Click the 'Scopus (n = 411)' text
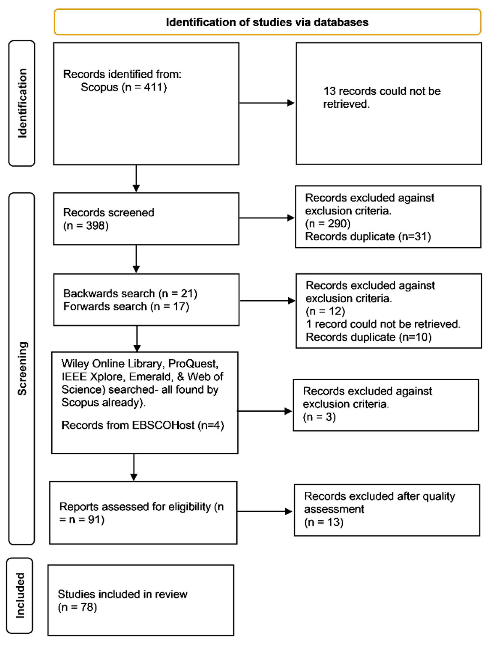point(124,87)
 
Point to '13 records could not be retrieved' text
point(382,97)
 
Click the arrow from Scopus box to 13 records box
point(266,103)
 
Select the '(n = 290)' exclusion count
point(328,223)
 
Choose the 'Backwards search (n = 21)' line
point(130,293)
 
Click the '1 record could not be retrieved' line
point(383,324)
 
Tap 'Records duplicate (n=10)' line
point(368,337)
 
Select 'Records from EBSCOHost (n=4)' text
point(142,425)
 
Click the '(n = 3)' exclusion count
point(319,417)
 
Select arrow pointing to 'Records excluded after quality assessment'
point(264,511)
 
